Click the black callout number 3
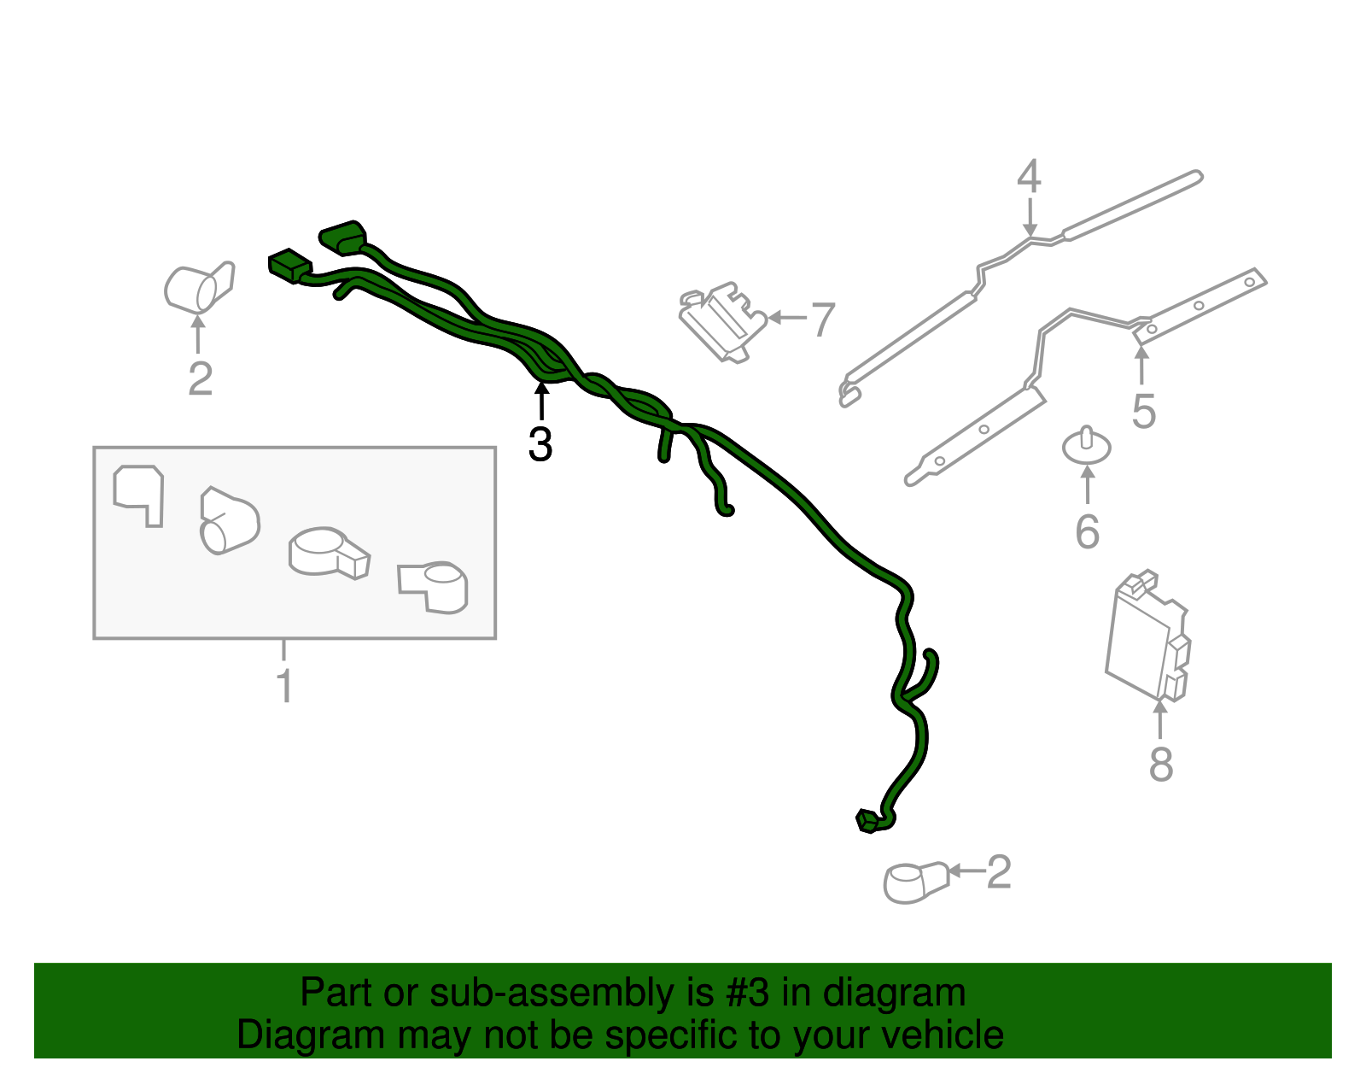540,445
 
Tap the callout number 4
1029,176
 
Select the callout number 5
1143,412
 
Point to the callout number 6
1087,532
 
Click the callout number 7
822,320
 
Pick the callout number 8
1160,764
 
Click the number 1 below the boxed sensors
284,687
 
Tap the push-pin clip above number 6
1086,445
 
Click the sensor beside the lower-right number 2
914,882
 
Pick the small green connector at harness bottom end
867,821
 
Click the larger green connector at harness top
343,237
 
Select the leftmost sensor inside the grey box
138,494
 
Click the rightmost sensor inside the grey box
435,587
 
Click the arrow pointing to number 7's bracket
786,318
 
